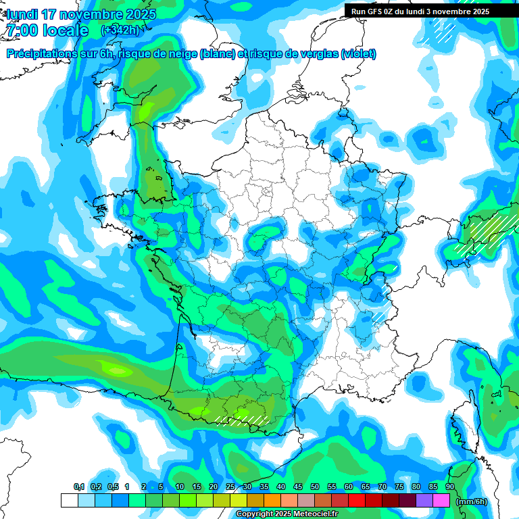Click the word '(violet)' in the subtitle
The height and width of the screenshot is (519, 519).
coord(359,54)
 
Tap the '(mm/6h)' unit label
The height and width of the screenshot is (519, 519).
coord(472,501)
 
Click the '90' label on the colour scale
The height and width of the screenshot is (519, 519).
coord(450,487)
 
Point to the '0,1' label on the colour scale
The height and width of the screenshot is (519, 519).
coord(79,487)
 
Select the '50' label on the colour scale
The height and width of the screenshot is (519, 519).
coord(315,487)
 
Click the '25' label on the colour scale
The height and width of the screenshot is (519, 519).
coord(230,487)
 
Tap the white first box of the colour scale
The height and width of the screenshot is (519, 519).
coord(69,500)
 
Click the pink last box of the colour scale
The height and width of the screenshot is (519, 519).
coord(441,500)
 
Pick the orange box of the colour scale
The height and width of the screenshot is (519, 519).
coord(272,500)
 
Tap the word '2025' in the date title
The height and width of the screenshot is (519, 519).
coord(141,14)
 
